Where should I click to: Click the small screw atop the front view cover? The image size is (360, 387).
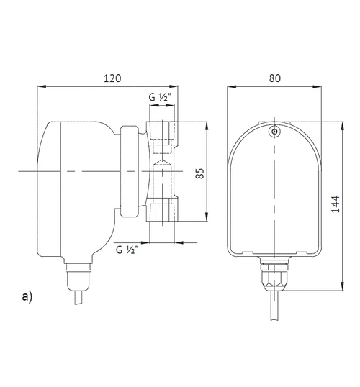pyautogui.click(x=275, y=132)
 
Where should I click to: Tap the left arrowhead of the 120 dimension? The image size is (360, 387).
pyautogui.click(x=42, y=88)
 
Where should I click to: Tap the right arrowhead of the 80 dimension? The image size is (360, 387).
pyautogui.click(x=318, y=88)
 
